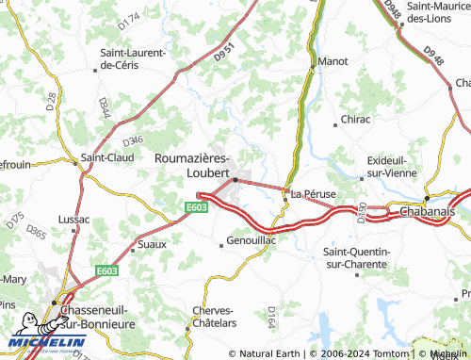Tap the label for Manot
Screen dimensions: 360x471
(333, 61)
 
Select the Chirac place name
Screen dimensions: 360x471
(355, 120)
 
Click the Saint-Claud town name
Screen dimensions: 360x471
(106, 157)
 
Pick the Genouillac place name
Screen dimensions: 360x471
(251, 241)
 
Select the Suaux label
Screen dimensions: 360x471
(151, 244)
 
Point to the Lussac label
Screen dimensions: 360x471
(73, 220)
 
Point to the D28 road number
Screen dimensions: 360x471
(50, 100)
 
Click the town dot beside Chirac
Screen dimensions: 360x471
(335, 123)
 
